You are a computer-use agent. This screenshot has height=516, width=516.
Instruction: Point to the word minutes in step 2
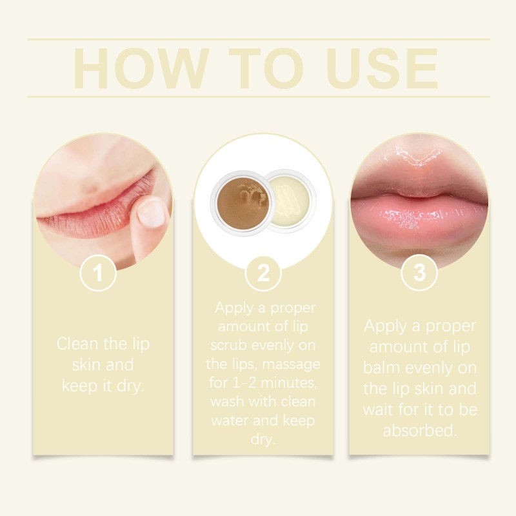click(x=287, y=384)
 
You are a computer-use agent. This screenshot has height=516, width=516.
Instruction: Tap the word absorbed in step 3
click(x=419, y=430)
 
